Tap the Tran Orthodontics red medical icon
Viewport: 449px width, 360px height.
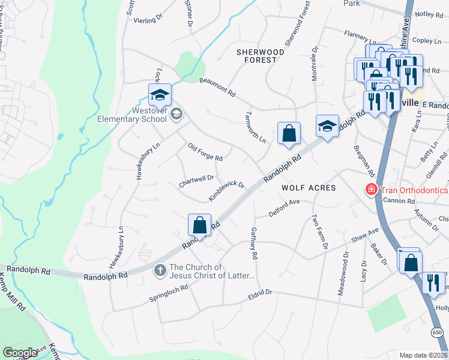pos(372,190)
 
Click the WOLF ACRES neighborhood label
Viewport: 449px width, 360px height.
pos(309,188)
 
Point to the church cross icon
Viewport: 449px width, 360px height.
pos(160,271)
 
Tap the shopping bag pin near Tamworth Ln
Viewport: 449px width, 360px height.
pos(289,134)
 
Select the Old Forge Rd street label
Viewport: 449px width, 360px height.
pos(205,152)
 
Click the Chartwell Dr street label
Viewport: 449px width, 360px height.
pos(196,178)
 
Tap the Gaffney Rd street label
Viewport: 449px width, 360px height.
pos(254,243)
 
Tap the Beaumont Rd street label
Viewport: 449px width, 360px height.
pos(217,88)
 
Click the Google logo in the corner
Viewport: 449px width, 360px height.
pos(20,353)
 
